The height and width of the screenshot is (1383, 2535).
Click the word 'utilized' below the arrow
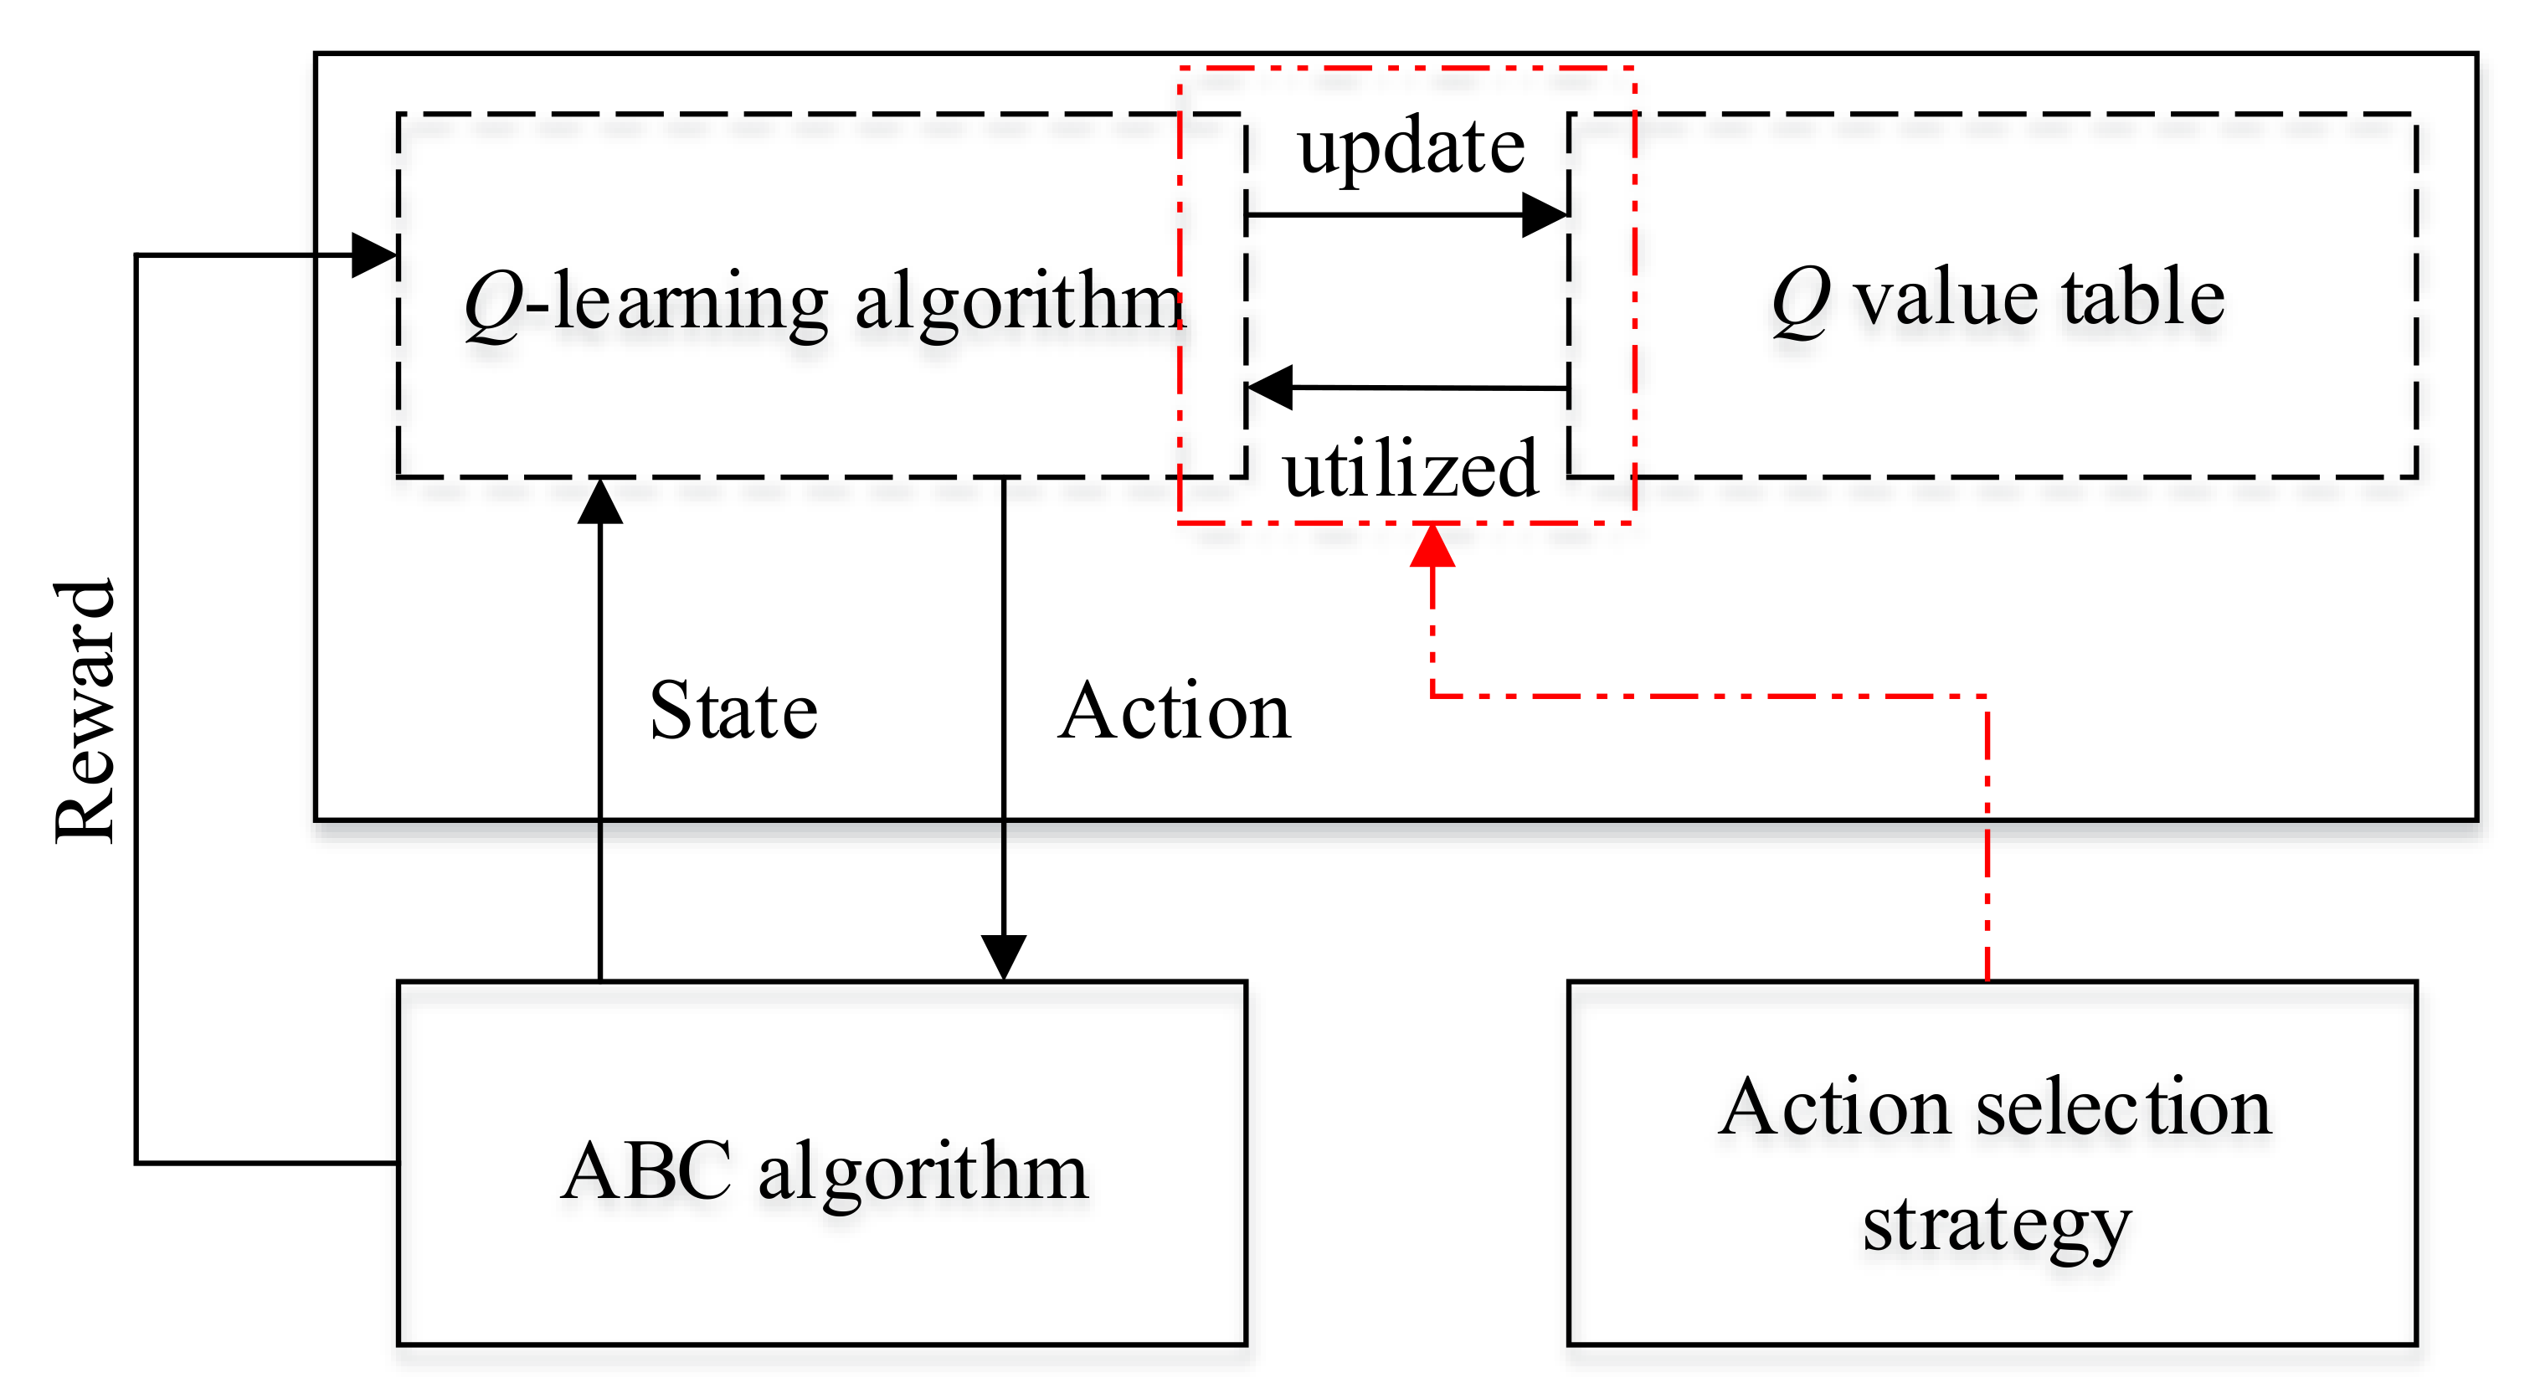click(1410, 470)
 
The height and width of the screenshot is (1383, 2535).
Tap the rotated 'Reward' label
click(86, 711)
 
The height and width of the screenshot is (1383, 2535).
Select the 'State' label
click(733, 711)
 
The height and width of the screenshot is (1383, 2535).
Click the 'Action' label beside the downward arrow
click(1174, 711)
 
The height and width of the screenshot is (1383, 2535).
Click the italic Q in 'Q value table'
click(1800, 301)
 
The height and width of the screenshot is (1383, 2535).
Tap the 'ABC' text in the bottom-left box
click(645, 1171)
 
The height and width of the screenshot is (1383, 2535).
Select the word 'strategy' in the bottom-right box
click(1997, 1225)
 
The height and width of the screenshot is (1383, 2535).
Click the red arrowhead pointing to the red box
click(1432, 547)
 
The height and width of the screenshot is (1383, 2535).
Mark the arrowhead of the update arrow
click(1545, 214)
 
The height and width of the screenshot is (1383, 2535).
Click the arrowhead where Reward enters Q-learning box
click(374, 256)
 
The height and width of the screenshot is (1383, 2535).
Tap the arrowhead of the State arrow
click(600, 502)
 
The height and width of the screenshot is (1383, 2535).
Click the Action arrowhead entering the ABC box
click(1004, 956)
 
